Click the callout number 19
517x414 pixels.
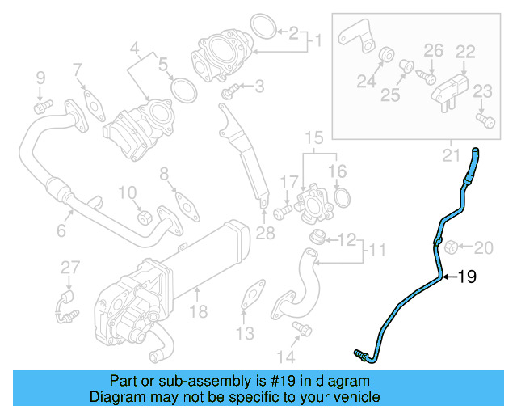pos(467,277)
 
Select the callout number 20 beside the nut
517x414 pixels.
pos(482,247)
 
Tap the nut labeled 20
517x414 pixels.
pos(452,246)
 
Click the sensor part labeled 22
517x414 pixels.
pos(451,85)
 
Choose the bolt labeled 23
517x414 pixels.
pos(485,120)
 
